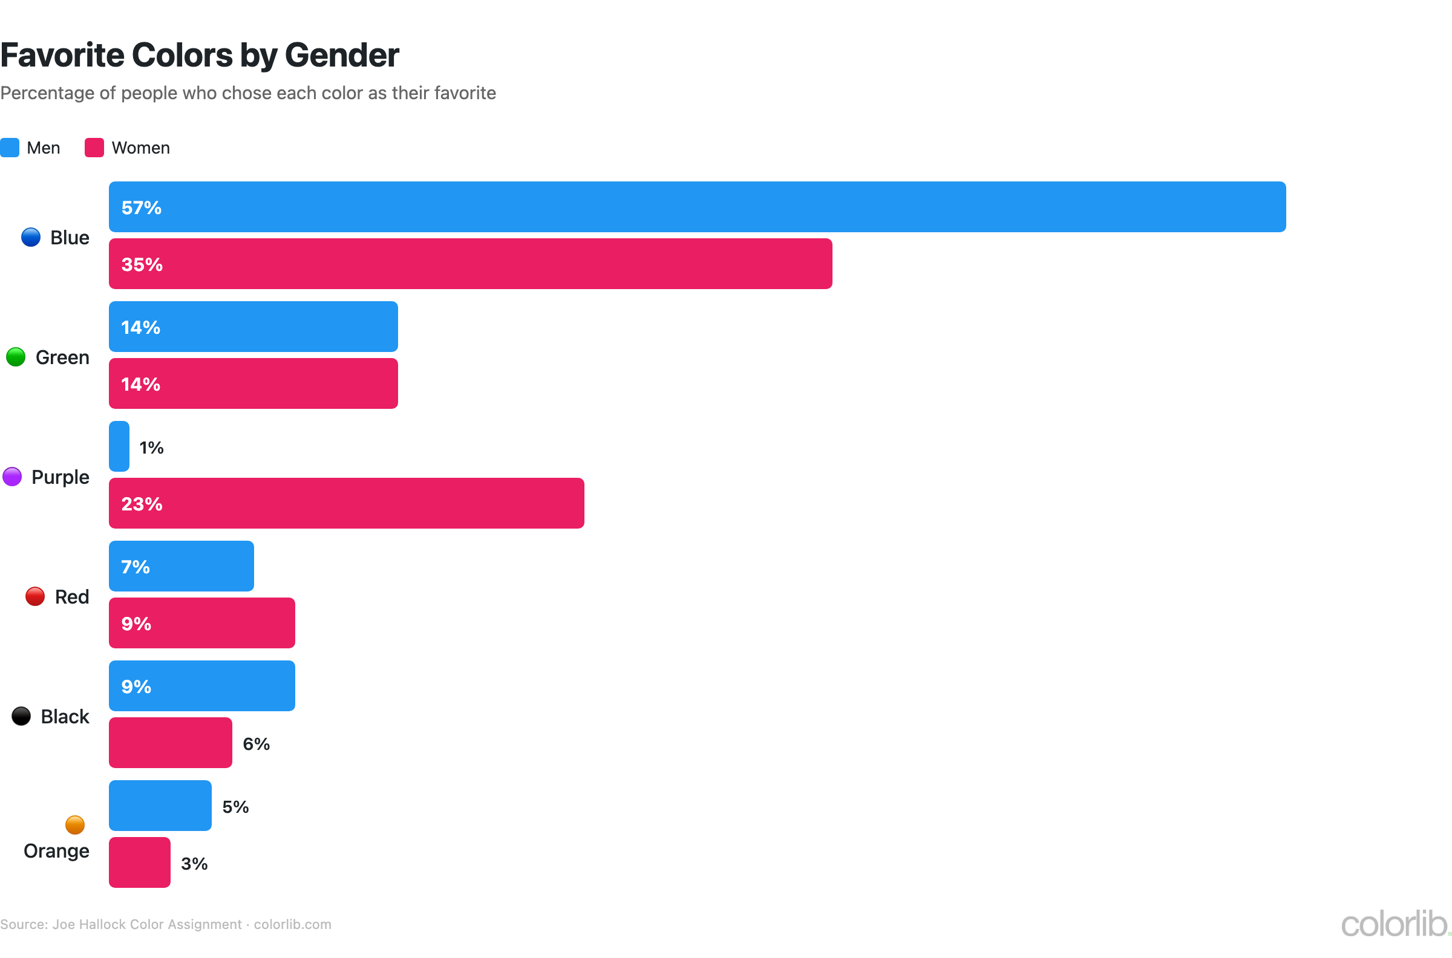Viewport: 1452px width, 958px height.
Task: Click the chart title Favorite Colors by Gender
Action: tap(199, 55)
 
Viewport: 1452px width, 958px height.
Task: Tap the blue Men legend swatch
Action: tap(10, 148)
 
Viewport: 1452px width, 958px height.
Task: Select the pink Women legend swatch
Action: tap(94, 148)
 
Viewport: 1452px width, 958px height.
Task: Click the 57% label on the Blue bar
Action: tap(141, 207)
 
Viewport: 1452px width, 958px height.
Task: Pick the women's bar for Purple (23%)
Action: tap(346, 503)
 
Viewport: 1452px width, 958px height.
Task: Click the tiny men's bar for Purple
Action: tap(119, 446)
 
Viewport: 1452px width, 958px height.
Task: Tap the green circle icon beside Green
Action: tap(15, 357)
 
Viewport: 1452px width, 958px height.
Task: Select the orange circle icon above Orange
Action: tap(74, 825)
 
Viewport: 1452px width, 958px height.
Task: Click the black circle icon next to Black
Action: tap(21, 716)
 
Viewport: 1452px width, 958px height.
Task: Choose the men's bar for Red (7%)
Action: tap(181, 565)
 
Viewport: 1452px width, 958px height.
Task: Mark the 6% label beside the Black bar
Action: tap(256, 743)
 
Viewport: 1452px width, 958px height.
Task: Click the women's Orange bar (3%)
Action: tap(139, 862)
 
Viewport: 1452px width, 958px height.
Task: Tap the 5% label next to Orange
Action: tap(235, 806)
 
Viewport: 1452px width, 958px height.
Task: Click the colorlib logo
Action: tap(1395, 924)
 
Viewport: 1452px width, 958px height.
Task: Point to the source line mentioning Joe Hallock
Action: tap(165, 924)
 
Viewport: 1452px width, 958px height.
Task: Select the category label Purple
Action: tap(60, 477)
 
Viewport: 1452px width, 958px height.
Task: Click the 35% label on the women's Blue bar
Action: tap(142, 264)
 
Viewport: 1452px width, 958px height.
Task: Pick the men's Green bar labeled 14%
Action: tap(253, 326)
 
